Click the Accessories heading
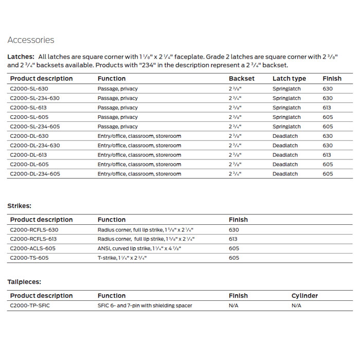[31, 40]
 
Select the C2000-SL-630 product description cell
[29, 89]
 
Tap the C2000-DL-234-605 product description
[35, 174]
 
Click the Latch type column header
[289, 79]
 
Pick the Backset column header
[242, 79]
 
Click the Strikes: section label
[20, 206]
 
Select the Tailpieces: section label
[24, 282]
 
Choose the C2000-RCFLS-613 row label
[34, 239]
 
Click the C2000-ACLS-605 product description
[33, 248]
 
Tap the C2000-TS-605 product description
[29, 258]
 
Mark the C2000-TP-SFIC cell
[30, 305]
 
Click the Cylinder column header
[304, 296]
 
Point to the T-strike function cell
[122, 258]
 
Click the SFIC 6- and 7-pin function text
[145, 305]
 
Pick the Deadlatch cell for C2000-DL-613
[285, 155]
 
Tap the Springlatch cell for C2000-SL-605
[286, 117]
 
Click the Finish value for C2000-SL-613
[328, 108]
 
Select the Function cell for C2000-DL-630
[139, 136]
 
